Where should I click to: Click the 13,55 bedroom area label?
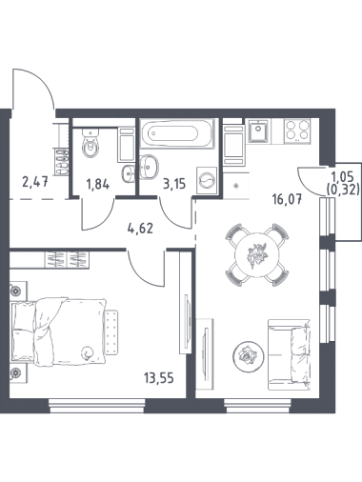[159, 378]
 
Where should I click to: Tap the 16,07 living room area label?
[287, 199]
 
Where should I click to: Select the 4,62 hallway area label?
[139, 228]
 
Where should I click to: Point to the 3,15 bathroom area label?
[174, 184]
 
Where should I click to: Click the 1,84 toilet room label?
[98, 184]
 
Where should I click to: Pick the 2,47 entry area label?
[35, 182]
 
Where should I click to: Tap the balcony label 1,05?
[342, 175]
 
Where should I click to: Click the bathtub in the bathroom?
[176, 132]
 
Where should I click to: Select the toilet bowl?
[91, 143]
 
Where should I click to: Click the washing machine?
[207, 180]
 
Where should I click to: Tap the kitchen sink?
[259, 131]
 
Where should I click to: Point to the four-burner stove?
[297, 130]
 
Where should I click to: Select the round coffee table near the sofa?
[249, 355]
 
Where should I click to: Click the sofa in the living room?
[289, 354]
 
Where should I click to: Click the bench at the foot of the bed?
[111, 331]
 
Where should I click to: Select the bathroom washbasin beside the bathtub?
[149, 166]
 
